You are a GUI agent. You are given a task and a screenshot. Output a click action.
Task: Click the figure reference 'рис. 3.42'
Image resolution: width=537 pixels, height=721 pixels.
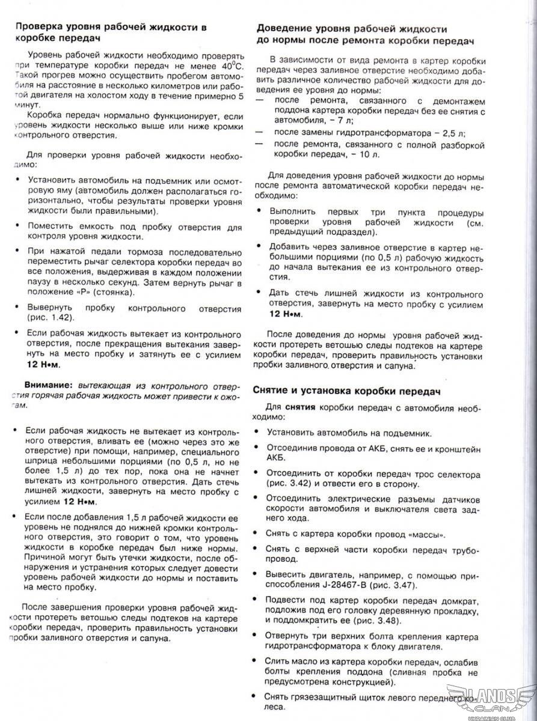click(x=290, y=484)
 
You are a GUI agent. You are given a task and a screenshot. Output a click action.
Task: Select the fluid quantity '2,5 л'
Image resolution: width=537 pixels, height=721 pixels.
click(x=452, y=132)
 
